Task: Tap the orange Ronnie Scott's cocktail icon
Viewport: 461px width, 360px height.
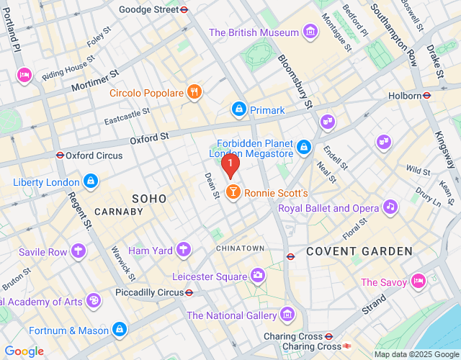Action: (233, 193)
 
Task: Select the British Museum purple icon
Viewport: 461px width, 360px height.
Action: (310, 32)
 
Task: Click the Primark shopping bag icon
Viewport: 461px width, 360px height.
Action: (238, 109)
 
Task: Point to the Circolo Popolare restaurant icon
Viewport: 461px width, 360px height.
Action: (193, 92)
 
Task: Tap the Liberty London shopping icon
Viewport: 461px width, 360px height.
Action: (90, 181)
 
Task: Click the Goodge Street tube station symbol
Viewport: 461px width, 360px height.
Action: (184, 10)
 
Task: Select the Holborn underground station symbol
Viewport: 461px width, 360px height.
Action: (427, 95)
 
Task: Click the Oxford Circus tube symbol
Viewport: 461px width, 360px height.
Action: (60, 155)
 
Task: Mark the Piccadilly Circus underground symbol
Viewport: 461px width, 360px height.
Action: (189, 292)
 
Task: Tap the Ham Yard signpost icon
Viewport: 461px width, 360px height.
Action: (184, 251)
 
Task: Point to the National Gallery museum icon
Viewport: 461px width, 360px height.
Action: (287, 315)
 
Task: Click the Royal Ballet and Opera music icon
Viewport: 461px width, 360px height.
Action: (390, 208)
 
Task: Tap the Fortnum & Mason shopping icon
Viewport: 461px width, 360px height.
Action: (120, 330)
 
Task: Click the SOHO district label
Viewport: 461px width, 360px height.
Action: (149, 198)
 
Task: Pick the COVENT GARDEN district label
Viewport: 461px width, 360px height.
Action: (359, 251)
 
